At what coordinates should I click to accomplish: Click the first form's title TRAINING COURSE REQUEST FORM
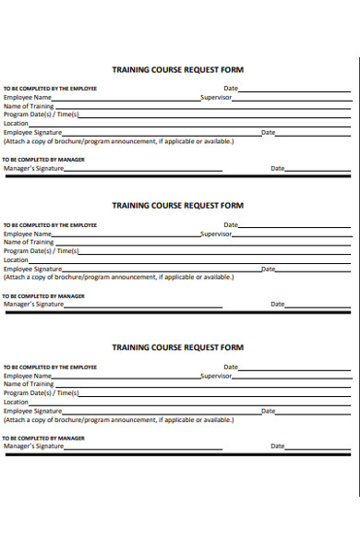click(177, 69)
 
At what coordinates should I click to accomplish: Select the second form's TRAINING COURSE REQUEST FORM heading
click(177, 205)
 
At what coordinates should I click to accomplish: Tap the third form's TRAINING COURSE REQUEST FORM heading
click(177, 347)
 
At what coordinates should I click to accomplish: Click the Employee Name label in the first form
click(28, 97)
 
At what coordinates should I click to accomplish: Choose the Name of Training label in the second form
click(29, 242)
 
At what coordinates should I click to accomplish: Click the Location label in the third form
click(17, 403)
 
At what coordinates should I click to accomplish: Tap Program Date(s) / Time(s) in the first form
click(42, 114)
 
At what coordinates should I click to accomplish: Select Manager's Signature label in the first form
click(34, 168)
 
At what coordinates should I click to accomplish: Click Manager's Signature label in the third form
click(34, 446)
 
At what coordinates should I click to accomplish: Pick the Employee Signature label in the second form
click(35, 269)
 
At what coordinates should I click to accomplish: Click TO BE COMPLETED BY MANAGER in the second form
click(43, 296)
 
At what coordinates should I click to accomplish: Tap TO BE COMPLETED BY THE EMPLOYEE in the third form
click(50, 367)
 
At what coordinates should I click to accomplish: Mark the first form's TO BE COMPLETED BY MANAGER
click(43, 160)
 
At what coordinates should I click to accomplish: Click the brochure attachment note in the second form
click(118, 277)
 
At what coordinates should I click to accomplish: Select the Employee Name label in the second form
click(28, 234)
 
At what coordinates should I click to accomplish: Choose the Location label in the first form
click(17, 123)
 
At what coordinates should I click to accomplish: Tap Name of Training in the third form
click(29, 385)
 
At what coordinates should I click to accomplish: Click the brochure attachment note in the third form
click(118, 420)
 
